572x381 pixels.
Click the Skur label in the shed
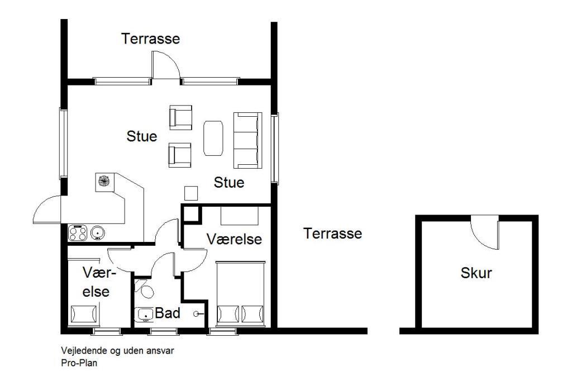(x=476, y=273)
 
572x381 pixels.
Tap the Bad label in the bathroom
(x=168, y=313)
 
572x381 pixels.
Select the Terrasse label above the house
(x=150, y=39)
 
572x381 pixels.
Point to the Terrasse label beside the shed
(x=332, y=234)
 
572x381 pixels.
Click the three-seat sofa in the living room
(x=247, y=140)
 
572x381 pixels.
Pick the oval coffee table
(x=213, y=139)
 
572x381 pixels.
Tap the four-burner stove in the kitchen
(x=78, y=233)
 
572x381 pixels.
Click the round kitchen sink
(x=97, y=232)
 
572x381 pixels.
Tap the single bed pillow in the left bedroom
(x=84, y=314)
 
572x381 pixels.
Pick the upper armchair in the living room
(x=180, y=117)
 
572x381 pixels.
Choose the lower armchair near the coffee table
(x=179, y=155)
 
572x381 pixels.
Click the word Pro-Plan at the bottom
(x=79, y=363)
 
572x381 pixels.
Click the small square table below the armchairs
(x=191, y=193)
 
